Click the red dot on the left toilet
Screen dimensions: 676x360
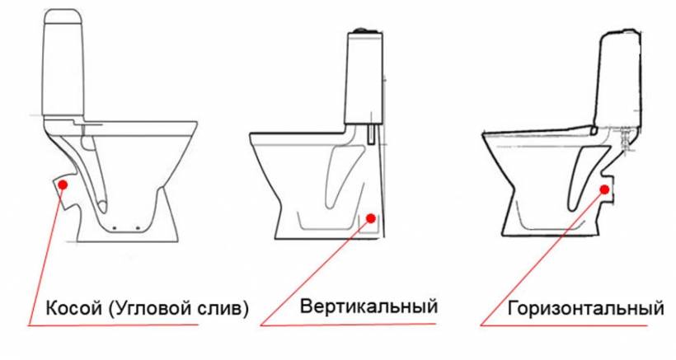click(x=63, y=185)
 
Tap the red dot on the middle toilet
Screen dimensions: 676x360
click(x=371, y=218)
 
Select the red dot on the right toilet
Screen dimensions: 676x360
click(x=604, y=189)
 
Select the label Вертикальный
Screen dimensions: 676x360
click(x=369, y=307)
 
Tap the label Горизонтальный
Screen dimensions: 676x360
click(x=586, y=309)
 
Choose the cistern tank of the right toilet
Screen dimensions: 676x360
click(x=618, y=79)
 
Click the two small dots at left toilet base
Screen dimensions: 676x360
click(x=126, y=227)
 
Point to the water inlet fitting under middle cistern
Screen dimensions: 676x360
click(x=371, y=134)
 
